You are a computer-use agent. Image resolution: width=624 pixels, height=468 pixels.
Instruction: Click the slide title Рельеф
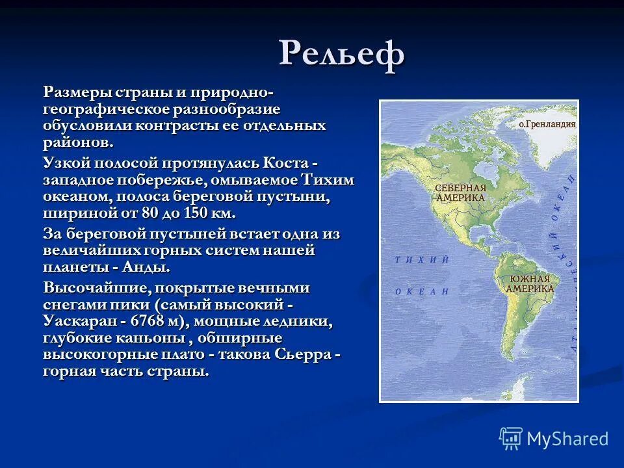click(x=343, y=55)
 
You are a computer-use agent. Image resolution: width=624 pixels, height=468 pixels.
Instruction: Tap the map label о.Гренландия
click(x=547, y=123)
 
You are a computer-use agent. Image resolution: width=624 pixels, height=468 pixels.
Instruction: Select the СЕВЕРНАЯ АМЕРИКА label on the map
click(x=460, y=192)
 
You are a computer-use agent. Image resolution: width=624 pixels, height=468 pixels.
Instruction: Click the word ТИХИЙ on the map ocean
click(x=422, y=260)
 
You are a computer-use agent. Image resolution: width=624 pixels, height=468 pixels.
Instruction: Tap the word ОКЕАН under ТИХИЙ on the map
click(x=422, y=292)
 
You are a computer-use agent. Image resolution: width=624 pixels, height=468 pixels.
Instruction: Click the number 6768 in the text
click(x=151, y=321)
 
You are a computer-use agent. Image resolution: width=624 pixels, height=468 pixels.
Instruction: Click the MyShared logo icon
click(x=511, y=439)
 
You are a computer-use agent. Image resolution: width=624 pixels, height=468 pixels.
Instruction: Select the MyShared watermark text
click(x=568, y=439)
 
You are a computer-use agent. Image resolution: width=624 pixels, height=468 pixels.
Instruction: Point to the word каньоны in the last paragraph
click(x=146, y=338)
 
